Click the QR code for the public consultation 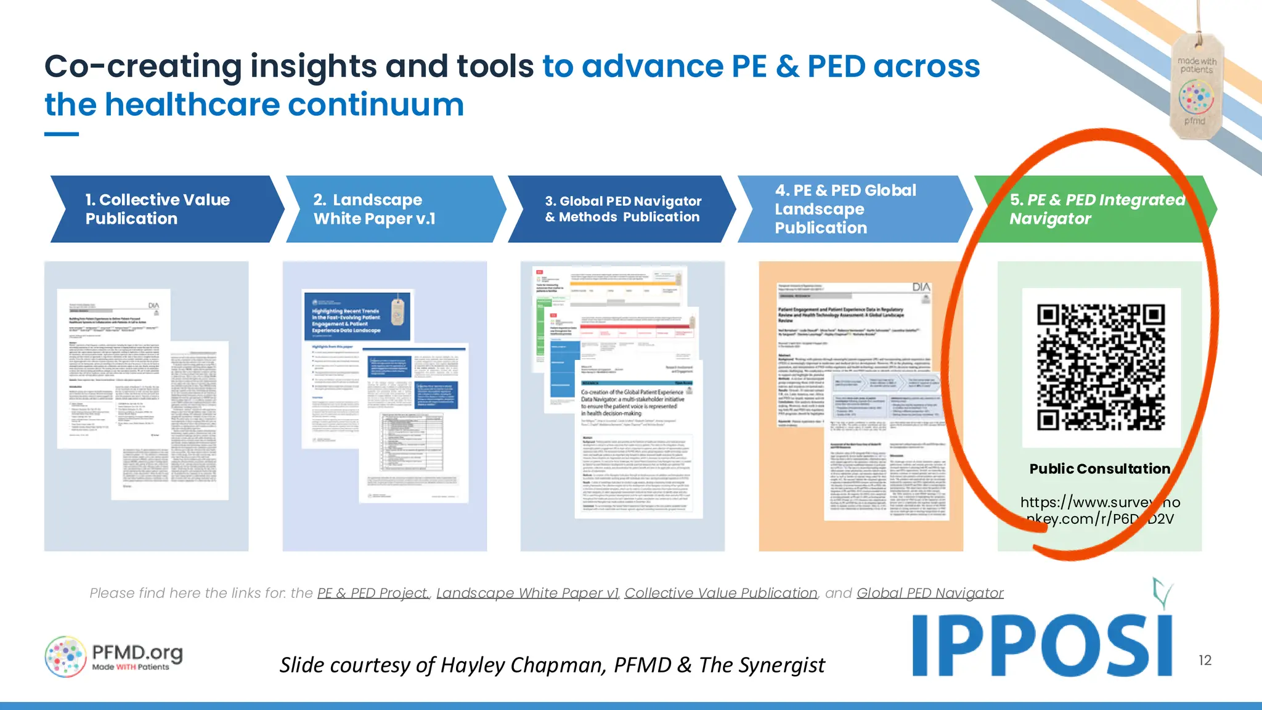pyautogui.click(x=1101, y=367)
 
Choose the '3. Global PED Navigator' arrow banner pyautogui.click(x=622, y=209)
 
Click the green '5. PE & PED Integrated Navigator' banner pyautogui.click(x=1091, y=209)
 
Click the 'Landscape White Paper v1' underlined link pyautogui.click(x=527, y=593)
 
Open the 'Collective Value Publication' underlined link pyautogui.click(x=721, y=593)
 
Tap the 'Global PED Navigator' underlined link pyautogui.click(x=930, y=593)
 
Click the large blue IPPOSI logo pyautogui.click(x=1041, y=645)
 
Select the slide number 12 pyautogui.click(x=1205, y=660)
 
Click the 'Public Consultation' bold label pyautogui.click(x=1099, y=469)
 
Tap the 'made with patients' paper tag pyautogui.click(x=1196, y=86)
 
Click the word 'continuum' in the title pyautogui.click(x=376, y=104)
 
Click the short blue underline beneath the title pyautogui.click(x=62, y=134)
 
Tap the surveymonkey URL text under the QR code pyautogui.click(x=1100, y=510)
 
